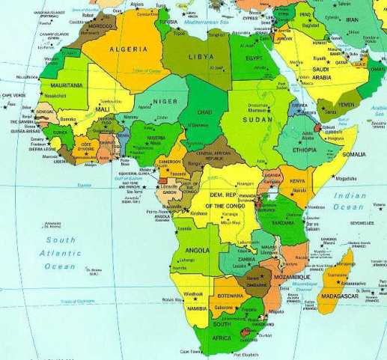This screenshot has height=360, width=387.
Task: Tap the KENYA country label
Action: (298, 181)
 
